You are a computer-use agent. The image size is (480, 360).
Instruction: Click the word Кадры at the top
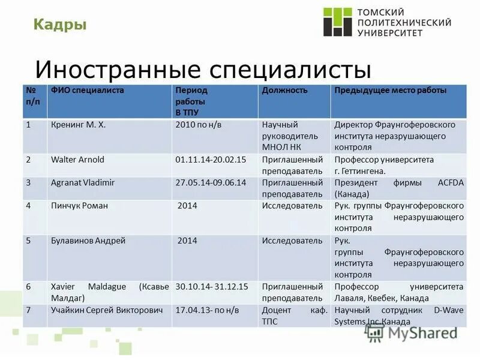pyautogui.click(x=59, y=24)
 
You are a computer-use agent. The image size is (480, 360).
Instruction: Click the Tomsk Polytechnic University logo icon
pyautogui.click(x=337, y=22)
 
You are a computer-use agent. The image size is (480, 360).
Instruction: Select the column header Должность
pyautogui.click(x=284, y=91)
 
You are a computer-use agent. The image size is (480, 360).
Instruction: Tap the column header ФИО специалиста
pyautogui.click(x=88, y=91)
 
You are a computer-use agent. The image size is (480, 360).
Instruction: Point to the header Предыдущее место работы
pyautogui.click(x=390, y=91)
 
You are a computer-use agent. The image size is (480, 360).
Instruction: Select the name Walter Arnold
pyautogui.click(x=77, y=160)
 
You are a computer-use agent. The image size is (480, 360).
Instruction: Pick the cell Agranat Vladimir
pyautogui.click(x=83, y=182)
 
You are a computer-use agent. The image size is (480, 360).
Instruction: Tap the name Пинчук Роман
pyautogui.click(x=79, y=206)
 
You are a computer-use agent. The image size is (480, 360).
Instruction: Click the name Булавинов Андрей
pyautogui.click(x=88, y=241)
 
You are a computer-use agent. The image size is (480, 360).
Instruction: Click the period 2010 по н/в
pyautogui.click(x=199, y=125)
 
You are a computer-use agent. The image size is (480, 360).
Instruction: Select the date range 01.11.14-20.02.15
pyautogui.click(x=211, y=160)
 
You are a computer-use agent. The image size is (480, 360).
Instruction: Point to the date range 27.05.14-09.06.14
pyautogui.click(x=211, y=182)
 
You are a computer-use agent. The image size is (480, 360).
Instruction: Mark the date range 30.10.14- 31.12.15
pyautogui.click(x=212, y=287)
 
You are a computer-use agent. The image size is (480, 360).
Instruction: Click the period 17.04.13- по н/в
pyautogui.click(x=207, y=310)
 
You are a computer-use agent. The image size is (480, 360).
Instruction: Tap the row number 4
pyautogui.click(x=28, y=206)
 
